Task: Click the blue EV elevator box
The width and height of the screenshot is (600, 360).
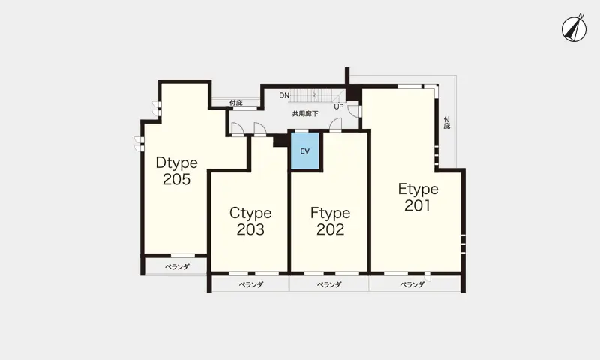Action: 305,151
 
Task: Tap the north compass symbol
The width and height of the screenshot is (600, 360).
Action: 574,29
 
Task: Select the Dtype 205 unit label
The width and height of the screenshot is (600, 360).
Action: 177,171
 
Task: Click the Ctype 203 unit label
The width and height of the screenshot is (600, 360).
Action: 250,221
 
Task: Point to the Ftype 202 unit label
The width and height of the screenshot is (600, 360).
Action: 330,221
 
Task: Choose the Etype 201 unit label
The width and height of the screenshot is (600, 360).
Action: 418,197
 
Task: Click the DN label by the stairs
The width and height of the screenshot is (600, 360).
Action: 284,95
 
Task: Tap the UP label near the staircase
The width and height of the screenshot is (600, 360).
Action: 339,106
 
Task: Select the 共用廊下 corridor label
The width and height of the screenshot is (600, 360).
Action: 305,113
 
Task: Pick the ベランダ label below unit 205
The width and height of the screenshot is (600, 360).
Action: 177,267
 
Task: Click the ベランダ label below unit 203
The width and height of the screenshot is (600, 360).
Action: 251,285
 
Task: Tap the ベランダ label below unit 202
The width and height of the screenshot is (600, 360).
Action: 329,285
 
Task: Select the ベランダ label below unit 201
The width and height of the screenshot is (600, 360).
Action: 412,285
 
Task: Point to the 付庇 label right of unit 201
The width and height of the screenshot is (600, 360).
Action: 447,123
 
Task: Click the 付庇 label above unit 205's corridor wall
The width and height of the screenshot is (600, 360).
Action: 236,103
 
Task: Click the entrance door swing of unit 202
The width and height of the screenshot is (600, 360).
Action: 335,125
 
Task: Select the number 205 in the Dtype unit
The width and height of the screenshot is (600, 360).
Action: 177,179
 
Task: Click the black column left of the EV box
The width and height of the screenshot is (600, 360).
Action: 280,141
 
